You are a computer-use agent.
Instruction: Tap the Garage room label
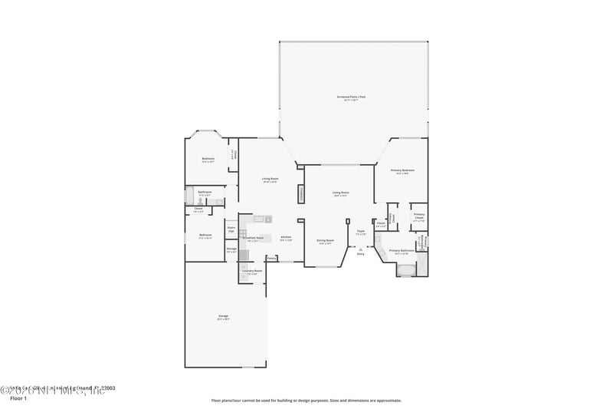(x=223, y=316)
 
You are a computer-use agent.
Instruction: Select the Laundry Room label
(x=253, y=271)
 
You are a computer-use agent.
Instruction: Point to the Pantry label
(x=271, y=259)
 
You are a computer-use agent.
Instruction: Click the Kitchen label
(x=285, y=237)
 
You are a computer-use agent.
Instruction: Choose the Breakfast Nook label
(x=253, y=238)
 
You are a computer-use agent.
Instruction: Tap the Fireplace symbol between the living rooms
(x=301, y=195)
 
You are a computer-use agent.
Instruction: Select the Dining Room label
(x=325, y=240)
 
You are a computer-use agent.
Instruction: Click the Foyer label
(x=360, y=230)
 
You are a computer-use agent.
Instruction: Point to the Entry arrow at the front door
(x=360, y=249)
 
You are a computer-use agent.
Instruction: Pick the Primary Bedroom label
(x=402, y=170)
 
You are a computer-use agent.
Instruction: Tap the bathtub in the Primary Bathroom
(x=405, y=269)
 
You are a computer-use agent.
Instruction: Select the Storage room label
(x=231, y=249)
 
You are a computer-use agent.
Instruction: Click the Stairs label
(x=231, y=228)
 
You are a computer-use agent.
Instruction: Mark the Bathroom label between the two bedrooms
(x=205, y=192)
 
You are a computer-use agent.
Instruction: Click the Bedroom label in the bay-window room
(x=208, y=159)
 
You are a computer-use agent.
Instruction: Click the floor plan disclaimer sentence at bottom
(x=306, y=400)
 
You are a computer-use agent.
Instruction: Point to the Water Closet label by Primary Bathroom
(x=419, y=242)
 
